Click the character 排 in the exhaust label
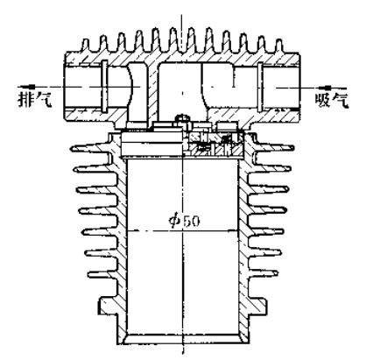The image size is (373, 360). click(25, 99)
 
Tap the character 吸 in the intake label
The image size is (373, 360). click(323, 101)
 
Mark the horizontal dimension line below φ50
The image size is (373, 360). click(183, 231)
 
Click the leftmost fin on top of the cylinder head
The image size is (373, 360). click(85, 46)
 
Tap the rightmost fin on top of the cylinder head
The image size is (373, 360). click(279, 46)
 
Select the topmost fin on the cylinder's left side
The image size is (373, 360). click(91, 149)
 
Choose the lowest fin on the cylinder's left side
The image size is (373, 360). click(103, 275)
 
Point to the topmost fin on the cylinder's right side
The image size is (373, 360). click(275, 149)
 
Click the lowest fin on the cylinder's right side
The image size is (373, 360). click(262, 274)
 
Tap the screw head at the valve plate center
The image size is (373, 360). click(182, 118)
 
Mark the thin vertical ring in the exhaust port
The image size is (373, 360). click(104, 86)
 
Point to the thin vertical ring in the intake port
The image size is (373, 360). click(260, 87)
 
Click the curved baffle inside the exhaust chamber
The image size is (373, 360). click(135, 87)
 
